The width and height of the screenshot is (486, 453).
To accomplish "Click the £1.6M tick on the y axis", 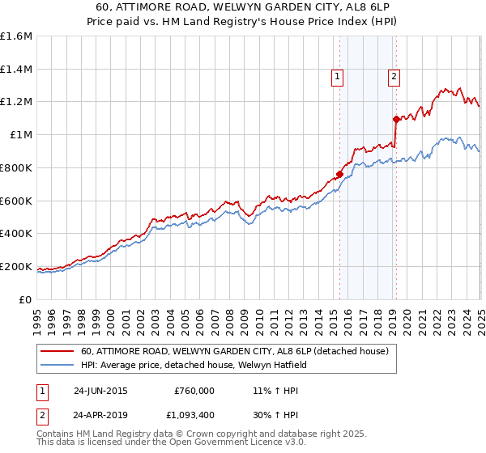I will [x=16, y=36].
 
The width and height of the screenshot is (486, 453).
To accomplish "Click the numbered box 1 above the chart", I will [x=336, y=77].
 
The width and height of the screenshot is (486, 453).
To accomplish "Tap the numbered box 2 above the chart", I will [x=394, y=77].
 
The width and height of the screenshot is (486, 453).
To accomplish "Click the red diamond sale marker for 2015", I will [x=340, y=174].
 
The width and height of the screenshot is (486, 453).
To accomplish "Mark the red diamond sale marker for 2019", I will [x=396, y=119].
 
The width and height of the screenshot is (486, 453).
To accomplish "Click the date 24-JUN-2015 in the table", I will [x=100, y=390].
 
